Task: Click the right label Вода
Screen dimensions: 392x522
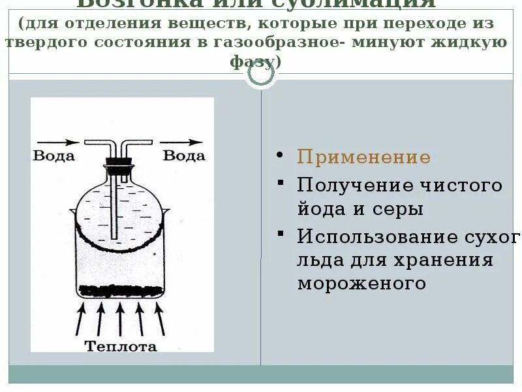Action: coord(183,155)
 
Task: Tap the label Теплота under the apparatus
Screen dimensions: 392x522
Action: coord(121,346)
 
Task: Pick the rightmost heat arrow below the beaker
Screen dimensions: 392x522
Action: coord(159,319)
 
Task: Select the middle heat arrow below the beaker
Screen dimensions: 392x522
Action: coord(119,319)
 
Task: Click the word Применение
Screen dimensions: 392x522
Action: coord(363,157)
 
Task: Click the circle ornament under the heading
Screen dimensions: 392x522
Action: coord(262,75)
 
